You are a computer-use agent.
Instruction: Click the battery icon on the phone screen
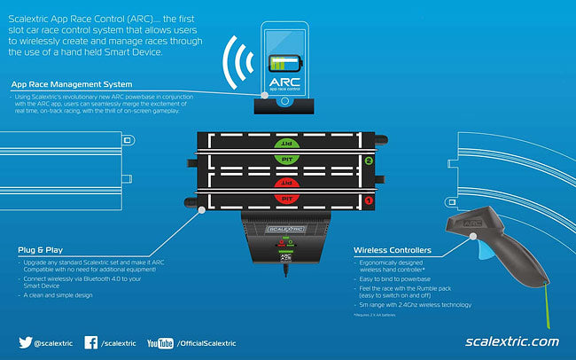[x=284, y=64]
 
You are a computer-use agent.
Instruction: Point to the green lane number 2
[x=368, y=161]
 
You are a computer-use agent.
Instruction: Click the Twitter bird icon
[x=26, y=342]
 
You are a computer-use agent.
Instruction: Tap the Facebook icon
[x=91, y=342]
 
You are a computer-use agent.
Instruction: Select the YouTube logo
[x=160, y=342]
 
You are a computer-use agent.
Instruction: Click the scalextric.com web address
[x=511, y=341]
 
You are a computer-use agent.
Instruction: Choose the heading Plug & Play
[x=41, y=250]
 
